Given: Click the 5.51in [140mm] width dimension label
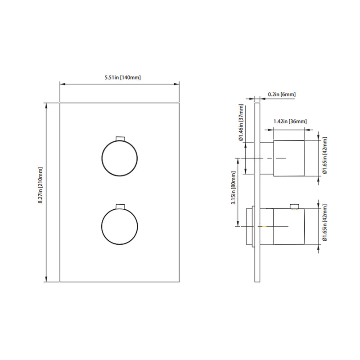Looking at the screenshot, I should [120, 78].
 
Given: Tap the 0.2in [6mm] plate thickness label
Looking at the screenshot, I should [281, 94].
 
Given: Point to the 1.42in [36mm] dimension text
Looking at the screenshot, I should [290, 121].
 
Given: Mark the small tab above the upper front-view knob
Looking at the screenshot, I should [120, 138].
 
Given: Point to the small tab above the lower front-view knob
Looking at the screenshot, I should [120, 206].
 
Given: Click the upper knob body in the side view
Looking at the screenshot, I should [289, 158].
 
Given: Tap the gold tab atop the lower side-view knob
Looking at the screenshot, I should [295, 207].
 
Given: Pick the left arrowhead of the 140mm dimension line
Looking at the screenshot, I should [62, 83].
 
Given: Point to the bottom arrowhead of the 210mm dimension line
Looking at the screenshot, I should [47, 280].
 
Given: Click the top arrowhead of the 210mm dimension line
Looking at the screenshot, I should [47, 105].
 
